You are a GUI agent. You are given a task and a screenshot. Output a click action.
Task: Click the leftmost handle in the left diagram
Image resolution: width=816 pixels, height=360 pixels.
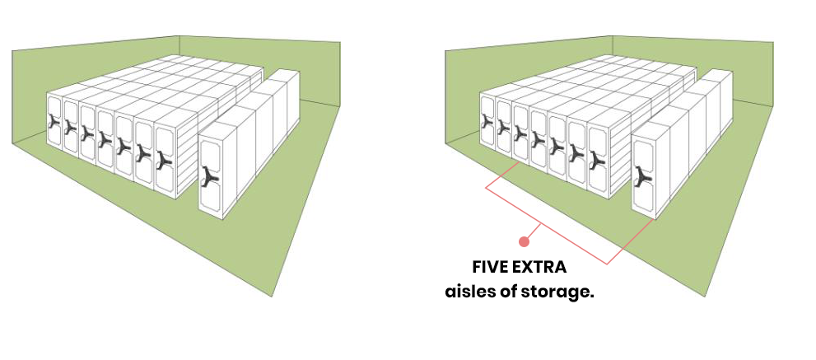pos(54,123)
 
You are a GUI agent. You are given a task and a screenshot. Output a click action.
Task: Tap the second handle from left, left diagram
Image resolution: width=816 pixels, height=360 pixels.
pos(70,128)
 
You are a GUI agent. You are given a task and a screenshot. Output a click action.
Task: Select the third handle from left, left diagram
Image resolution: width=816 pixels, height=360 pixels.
pos(86,133)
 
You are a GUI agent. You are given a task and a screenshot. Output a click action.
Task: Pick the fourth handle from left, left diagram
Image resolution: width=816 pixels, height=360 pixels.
pos(104,138)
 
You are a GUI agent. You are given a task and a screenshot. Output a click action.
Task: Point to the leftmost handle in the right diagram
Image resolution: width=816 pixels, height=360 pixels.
pos(487,123)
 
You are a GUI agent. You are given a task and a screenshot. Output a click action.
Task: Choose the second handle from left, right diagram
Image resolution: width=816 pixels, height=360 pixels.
pos(503,128)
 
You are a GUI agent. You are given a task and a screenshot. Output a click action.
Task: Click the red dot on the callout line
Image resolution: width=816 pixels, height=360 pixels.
pos(523,241)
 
